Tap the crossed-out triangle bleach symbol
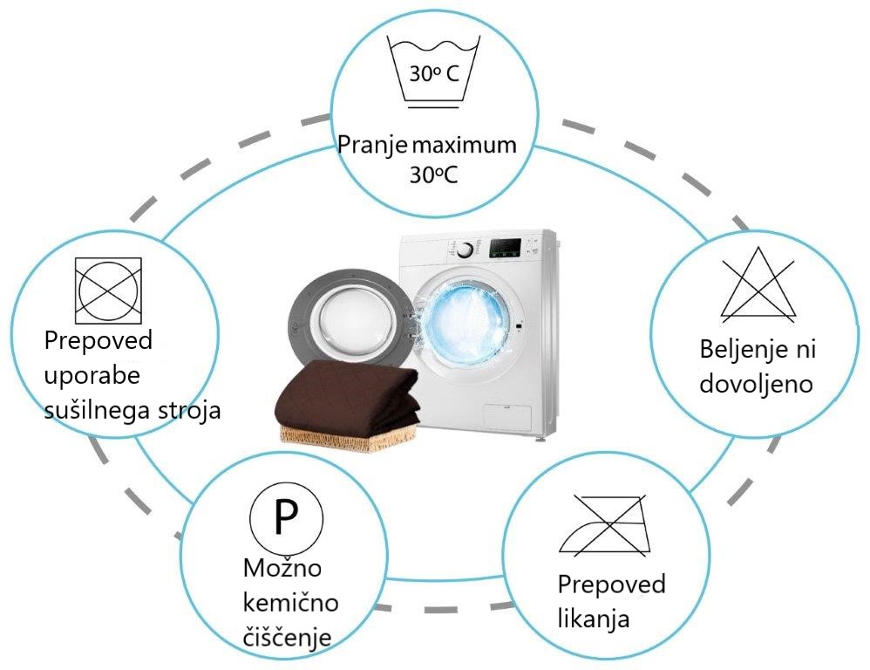(x=758, y=284)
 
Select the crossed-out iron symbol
(x=605, y=524)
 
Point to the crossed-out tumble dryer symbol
(x=108, y=291)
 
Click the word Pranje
(x=372, y=146)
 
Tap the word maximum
(x=465, y=146)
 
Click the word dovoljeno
(x=756, y=384)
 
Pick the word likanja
(x=593, y=619)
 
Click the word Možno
(x=282, y=568)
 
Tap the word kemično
(x=291, y=602)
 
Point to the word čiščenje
(x=288, y=638)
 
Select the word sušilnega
(x=99, y=410)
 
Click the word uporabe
(x=92, y=377)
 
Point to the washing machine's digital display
(x=505, y=248)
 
